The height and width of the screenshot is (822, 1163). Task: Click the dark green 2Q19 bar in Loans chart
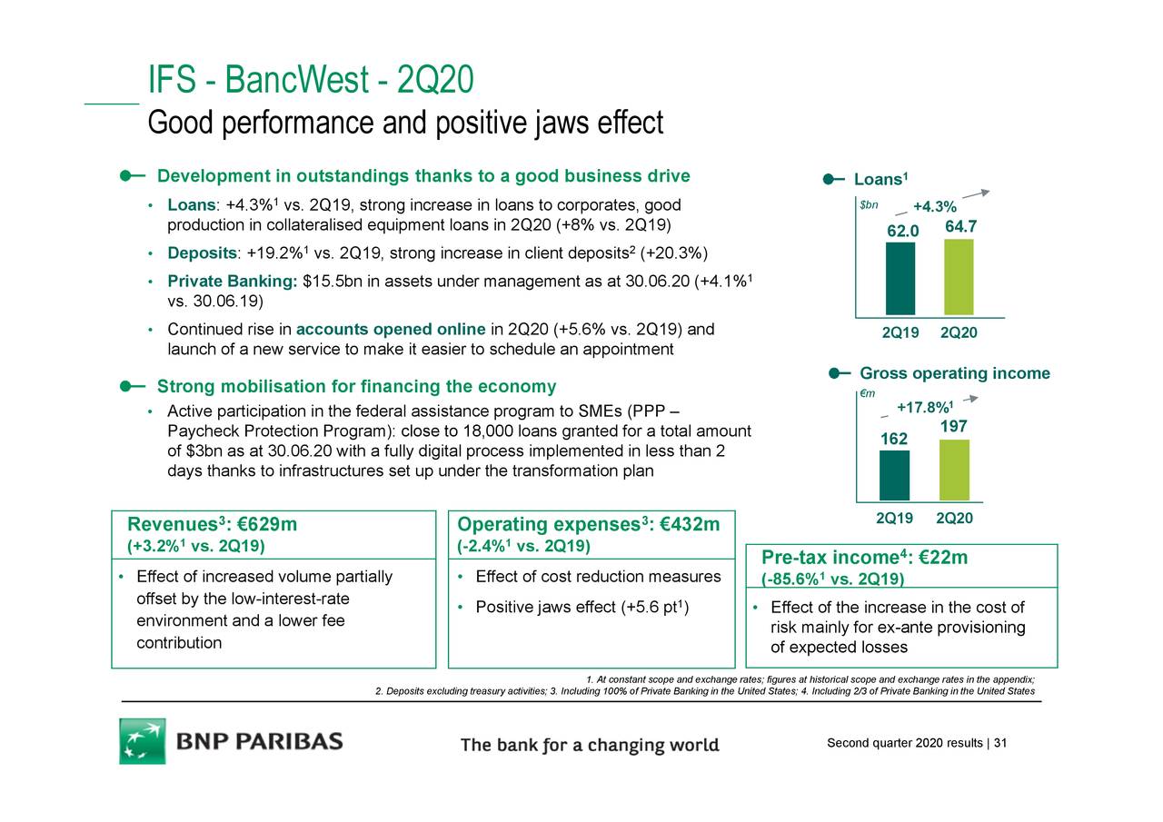click(900, 279)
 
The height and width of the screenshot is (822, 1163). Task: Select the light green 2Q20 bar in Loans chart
click(959, 277)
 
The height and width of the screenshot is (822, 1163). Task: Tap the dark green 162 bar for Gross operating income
click(894, 475)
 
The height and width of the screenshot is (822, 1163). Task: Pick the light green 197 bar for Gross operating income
click(954, 470)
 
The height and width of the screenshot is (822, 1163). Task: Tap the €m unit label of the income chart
click(868, 392)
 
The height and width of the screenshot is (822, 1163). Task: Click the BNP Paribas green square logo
click(143, 741)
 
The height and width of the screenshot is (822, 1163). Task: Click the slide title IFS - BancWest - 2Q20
click(310, 81)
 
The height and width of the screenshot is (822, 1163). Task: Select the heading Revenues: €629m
click(212, 525)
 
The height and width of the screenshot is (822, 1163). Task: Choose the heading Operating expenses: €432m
click(589, 525)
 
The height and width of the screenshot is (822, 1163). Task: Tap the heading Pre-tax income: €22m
click(863, 558)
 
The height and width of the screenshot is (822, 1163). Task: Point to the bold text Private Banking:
click(233, 282)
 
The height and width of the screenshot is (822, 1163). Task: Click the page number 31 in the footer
click(1000, 744)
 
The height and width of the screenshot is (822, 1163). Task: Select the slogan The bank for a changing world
click(590, 746)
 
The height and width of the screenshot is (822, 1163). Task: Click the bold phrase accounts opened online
click(391, 329)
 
